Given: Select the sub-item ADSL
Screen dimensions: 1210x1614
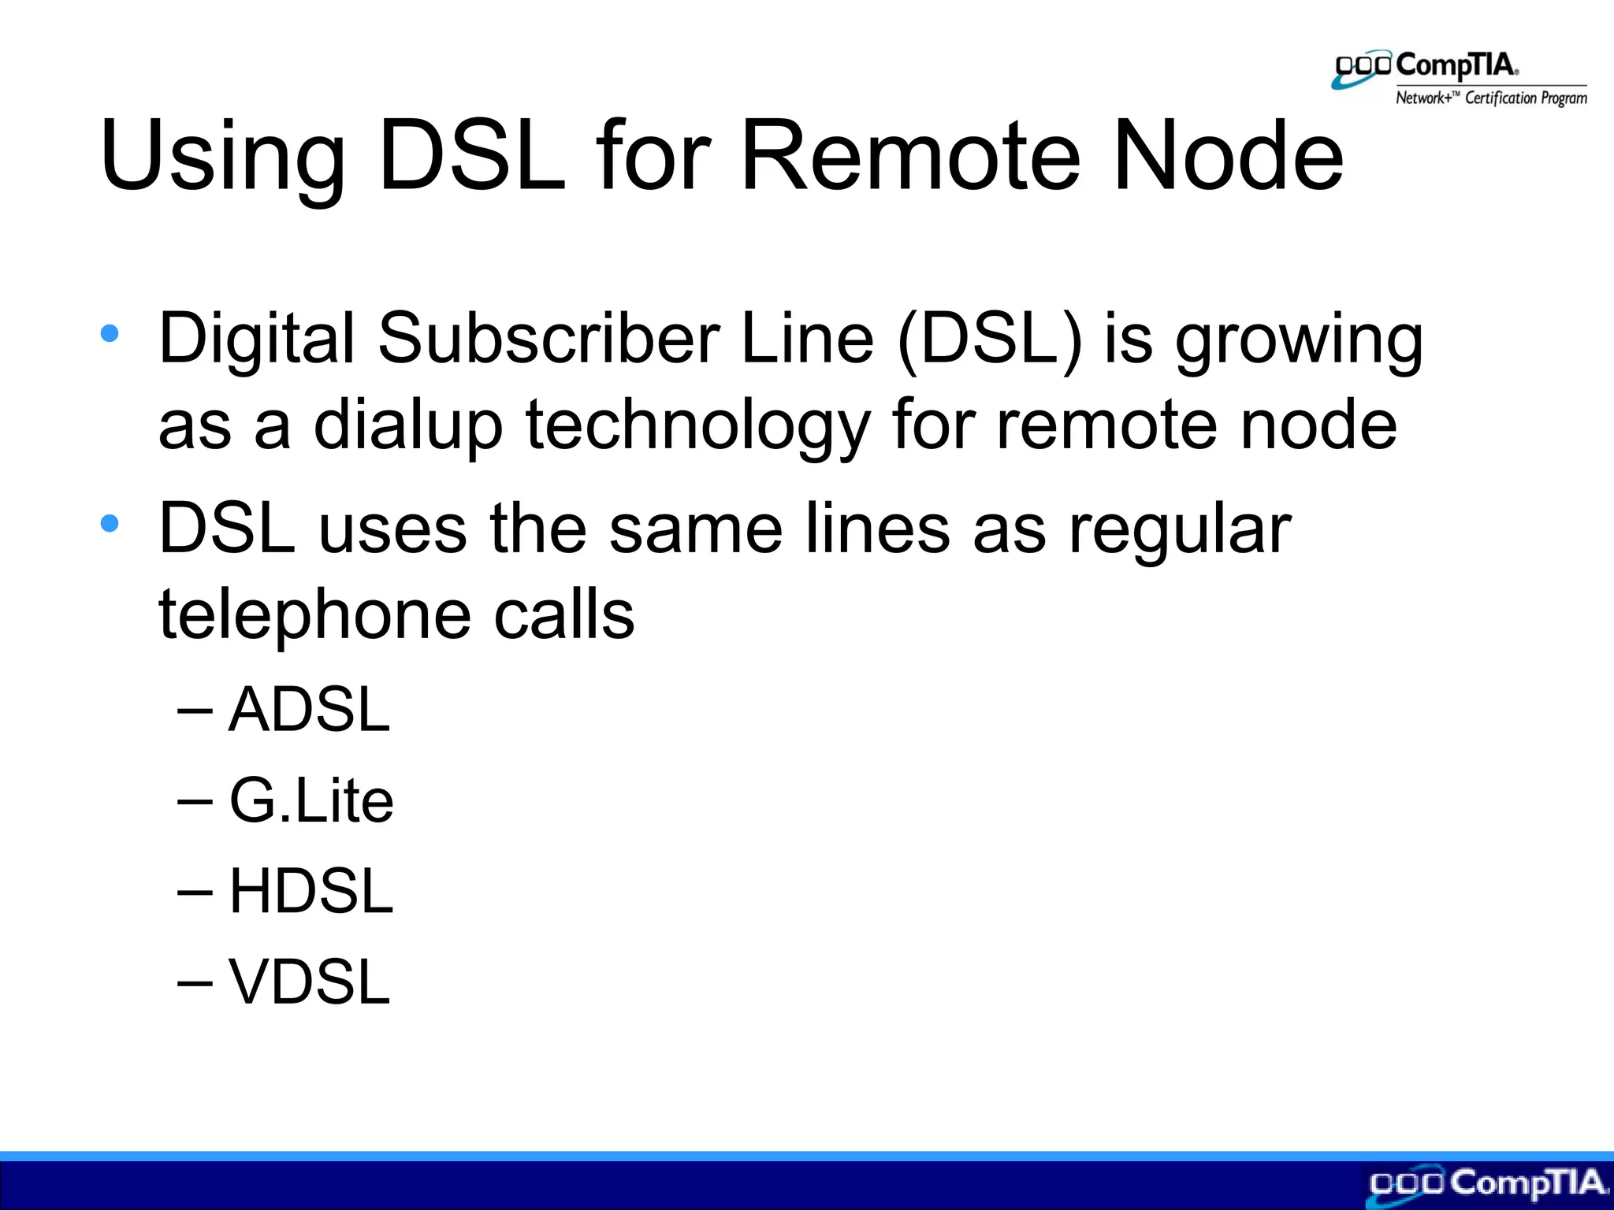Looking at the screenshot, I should [309, 710].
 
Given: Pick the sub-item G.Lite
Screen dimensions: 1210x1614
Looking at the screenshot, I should [311, 800].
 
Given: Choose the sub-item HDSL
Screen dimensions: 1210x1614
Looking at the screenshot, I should [311, 892].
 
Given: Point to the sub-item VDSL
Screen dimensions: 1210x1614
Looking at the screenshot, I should [309, 982].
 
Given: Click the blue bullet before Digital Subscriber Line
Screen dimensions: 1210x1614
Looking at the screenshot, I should [110, 333].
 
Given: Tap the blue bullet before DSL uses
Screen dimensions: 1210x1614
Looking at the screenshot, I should [110, 522].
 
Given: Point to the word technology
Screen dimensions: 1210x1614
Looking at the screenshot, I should [697, 426].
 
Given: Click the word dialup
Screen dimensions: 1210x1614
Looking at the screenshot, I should [407, 426].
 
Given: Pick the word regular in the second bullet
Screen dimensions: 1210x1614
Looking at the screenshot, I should [1180, 530].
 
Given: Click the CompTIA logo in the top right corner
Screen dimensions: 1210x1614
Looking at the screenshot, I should [1426, 69].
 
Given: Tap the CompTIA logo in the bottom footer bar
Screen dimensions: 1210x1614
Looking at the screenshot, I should [1488, 1184].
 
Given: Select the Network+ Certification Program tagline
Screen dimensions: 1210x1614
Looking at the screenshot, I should [1491, 98].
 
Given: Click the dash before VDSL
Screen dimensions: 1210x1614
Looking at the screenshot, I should [195, 982].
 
